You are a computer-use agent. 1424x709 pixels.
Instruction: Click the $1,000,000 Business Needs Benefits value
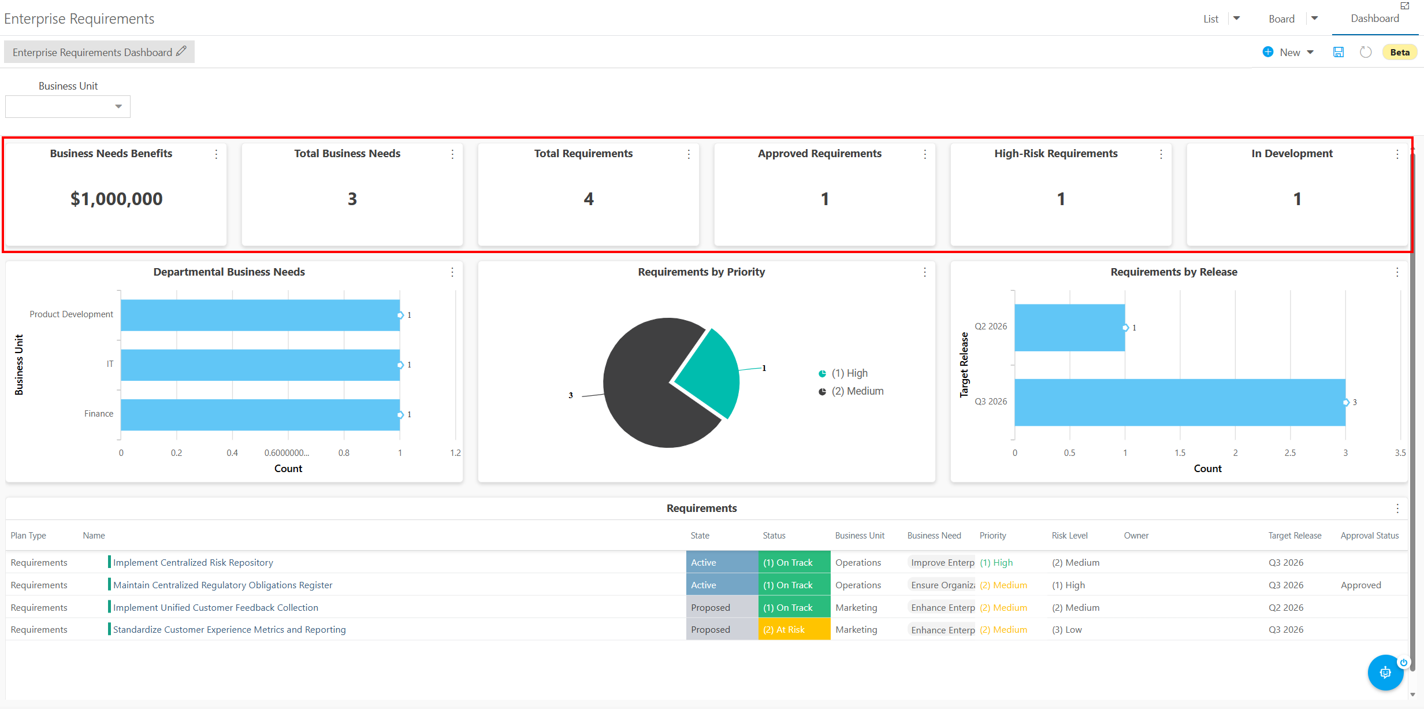(117, 199)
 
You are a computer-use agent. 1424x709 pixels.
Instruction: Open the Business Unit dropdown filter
(68, 106)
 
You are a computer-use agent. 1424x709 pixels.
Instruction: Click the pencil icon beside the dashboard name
(181, 51)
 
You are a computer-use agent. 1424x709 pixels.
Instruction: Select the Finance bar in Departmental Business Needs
(260, 414)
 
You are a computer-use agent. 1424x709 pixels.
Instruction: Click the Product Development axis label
(72, 314)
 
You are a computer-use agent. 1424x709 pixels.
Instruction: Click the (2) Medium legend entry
(851, 391)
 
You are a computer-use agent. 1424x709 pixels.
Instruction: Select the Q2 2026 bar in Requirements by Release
(1069, 328)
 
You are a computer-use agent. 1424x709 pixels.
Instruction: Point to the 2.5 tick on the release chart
(1290, 453)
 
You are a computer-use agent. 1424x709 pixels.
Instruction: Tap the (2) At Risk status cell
(794, 629)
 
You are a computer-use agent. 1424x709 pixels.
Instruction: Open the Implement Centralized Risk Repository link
(193, 562)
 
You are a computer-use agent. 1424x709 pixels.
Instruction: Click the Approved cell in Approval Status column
(1360, 585)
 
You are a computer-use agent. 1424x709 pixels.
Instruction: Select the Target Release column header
(1295, 536)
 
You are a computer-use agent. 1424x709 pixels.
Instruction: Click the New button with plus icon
(1288, 52)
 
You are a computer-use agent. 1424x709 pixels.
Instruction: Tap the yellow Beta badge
(1400, 52)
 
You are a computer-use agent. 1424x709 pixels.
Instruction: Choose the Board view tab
(1281, 19)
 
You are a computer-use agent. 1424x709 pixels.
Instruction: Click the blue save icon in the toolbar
(1338, 52)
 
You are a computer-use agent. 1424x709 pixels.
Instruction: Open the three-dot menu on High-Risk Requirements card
(1161, 154)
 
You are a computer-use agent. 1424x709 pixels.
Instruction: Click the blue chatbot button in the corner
(1385, 673)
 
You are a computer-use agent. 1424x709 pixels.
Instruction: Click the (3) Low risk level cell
(1066, 629)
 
